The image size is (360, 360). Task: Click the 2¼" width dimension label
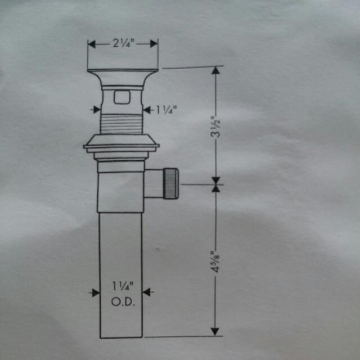[x=123, y=43]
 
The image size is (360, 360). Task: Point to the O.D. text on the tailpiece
[x=121, y=301]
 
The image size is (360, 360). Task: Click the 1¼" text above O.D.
[x=121, y=286]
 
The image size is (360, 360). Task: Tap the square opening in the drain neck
[x=121, y=97]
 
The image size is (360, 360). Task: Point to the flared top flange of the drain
[x=123, y=73]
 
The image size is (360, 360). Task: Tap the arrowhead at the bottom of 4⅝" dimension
[x=215, y=332]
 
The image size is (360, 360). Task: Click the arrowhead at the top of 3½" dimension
[x=215, y=71]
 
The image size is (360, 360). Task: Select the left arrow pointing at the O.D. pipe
[x=94, y=292]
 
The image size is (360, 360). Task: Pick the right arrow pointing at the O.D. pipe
[x=147, y=292]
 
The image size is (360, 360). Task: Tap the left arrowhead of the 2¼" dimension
[x=92, y=43]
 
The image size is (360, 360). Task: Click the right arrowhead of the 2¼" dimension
[x=154, y=43]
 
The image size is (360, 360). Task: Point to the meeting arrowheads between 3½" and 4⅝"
[x=215, y=183]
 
